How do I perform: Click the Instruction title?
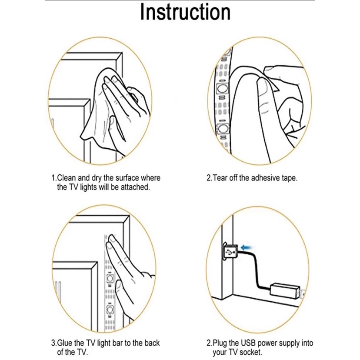click(x=185, y=12)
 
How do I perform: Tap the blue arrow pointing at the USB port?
click(x=247, y=247)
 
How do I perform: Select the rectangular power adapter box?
click(x=285, y=291)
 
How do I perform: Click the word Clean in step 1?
click(x=66, y=178)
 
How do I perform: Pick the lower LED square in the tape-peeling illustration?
click(x=222, y=129)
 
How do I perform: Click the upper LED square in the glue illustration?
click(x=110, y=278)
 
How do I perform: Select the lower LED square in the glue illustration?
click(x=110, y=310)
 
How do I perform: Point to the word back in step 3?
click(x=152, y=343)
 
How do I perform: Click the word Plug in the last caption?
click(x=220, y=343)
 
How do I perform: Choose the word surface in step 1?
click(x=127, y=178)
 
